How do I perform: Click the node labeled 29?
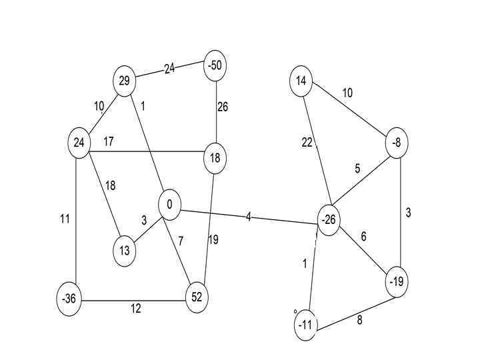124,81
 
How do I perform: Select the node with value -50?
215,65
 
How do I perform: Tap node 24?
79,143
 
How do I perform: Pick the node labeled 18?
215,158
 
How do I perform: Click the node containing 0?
170,205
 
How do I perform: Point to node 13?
125,252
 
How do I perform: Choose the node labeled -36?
69,299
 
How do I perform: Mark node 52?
196,297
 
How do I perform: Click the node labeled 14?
301,81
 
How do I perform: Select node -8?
397,143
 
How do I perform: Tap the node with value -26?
328,221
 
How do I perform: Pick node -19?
397,282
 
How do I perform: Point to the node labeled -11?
305,325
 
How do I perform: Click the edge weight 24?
169,69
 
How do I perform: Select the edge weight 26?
223,107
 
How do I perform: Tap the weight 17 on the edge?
109,141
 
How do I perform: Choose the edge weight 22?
307,143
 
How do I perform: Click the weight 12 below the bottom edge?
136,308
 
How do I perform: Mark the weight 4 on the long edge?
249,217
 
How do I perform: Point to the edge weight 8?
360,319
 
